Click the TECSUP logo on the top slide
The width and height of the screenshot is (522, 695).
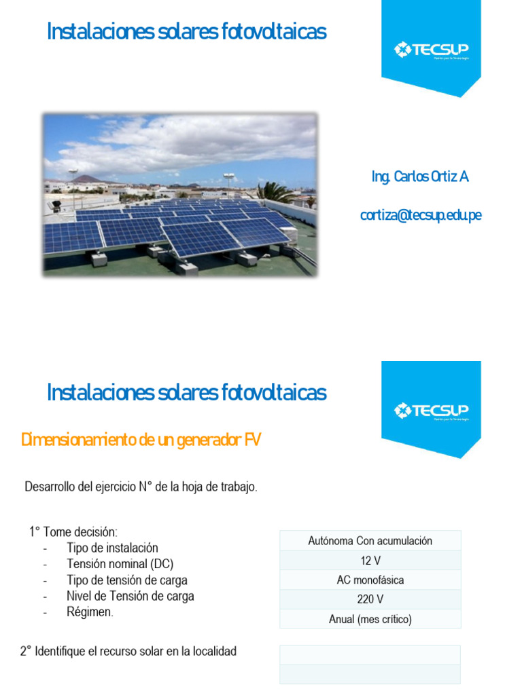coord(431,50)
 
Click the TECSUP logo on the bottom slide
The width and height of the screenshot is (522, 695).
coord(431,410)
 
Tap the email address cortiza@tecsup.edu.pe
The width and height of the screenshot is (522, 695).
coord(421,215)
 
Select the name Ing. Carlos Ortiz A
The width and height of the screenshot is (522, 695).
coord(420,177)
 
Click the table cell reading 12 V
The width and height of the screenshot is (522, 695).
coord(370,561)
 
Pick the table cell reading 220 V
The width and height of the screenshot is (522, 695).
coord(370,599)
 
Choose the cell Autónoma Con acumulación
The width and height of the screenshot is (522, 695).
coord(370,541)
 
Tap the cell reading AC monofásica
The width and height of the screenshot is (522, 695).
coord(370,580)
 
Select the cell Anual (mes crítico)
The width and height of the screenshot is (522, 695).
coord(370,619)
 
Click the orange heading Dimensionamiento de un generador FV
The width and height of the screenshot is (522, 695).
coord(141,440)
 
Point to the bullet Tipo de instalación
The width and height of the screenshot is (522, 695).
coord(112,548)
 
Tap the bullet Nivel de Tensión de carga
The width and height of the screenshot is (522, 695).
coord(130,596)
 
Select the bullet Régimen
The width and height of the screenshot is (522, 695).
coord(90,612)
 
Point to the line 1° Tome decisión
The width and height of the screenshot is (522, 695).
coord(73,531)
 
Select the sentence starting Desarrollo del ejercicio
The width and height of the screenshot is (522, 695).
coord(141,487)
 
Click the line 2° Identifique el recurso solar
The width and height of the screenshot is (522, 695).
coord(128,652)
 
